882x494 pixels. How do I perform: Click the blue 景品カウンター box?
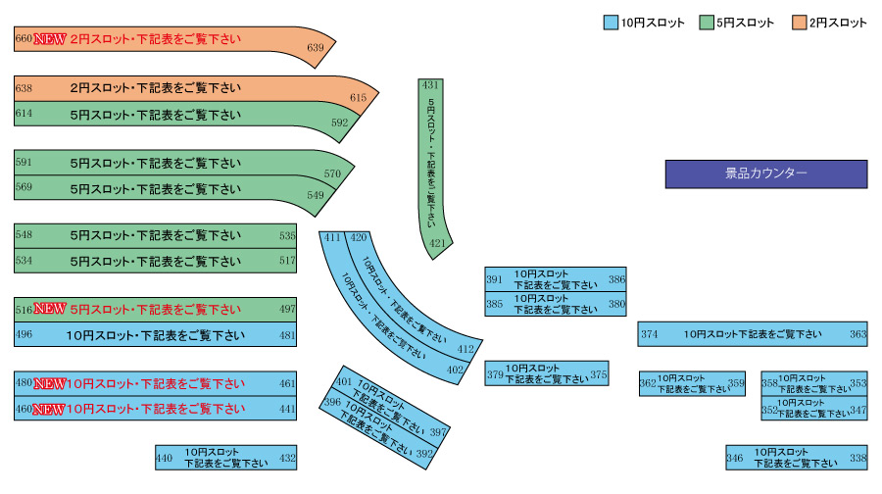click(x=766, y=173)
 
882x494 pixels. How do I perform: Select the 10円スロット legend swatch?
click(x=610, y=23)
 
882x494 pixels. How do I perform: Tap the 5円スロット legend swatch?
click(x=706, y=23)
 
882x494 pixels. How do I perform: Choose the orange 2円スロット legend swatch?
click(x=799, y=23)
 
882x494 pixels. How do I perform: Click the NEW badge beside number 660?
click(x=50, y=40)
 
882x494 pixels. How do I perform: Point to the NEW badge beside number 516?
click(x=50, y=309)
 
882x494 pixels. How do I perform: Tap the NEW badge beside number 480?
click(x=50, y=383)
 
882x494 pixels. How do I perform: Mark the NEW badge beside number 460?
click(x=50, y=408)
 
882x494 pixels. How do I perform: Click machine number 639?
click(x=315, y=47)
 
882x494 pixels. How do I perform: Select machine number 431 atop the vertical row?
click(x=430, y=85)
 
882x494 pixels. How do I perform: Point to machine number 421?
click(x=437, y=243)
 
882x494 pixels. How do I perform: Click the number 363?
click(x=857, y=334)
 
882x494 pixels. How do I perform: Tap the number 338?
click(x=857, y=458)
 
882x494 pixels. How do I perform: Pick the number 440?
click(x=164, y=458)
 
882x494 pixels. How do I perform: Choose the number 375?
click(x=599, y=374)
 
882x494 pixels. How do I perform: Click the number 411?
click(x=332, y=237)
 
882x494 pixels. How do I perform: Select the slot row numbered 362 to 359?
click(x=692, y=383)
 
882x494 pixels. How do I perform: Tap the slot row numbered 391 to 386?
click(x=555, y=279)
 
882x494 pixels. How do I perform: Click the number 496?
click(x=24, y=334)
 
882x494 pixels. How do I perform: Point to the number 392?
click(x=424, y=454)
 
